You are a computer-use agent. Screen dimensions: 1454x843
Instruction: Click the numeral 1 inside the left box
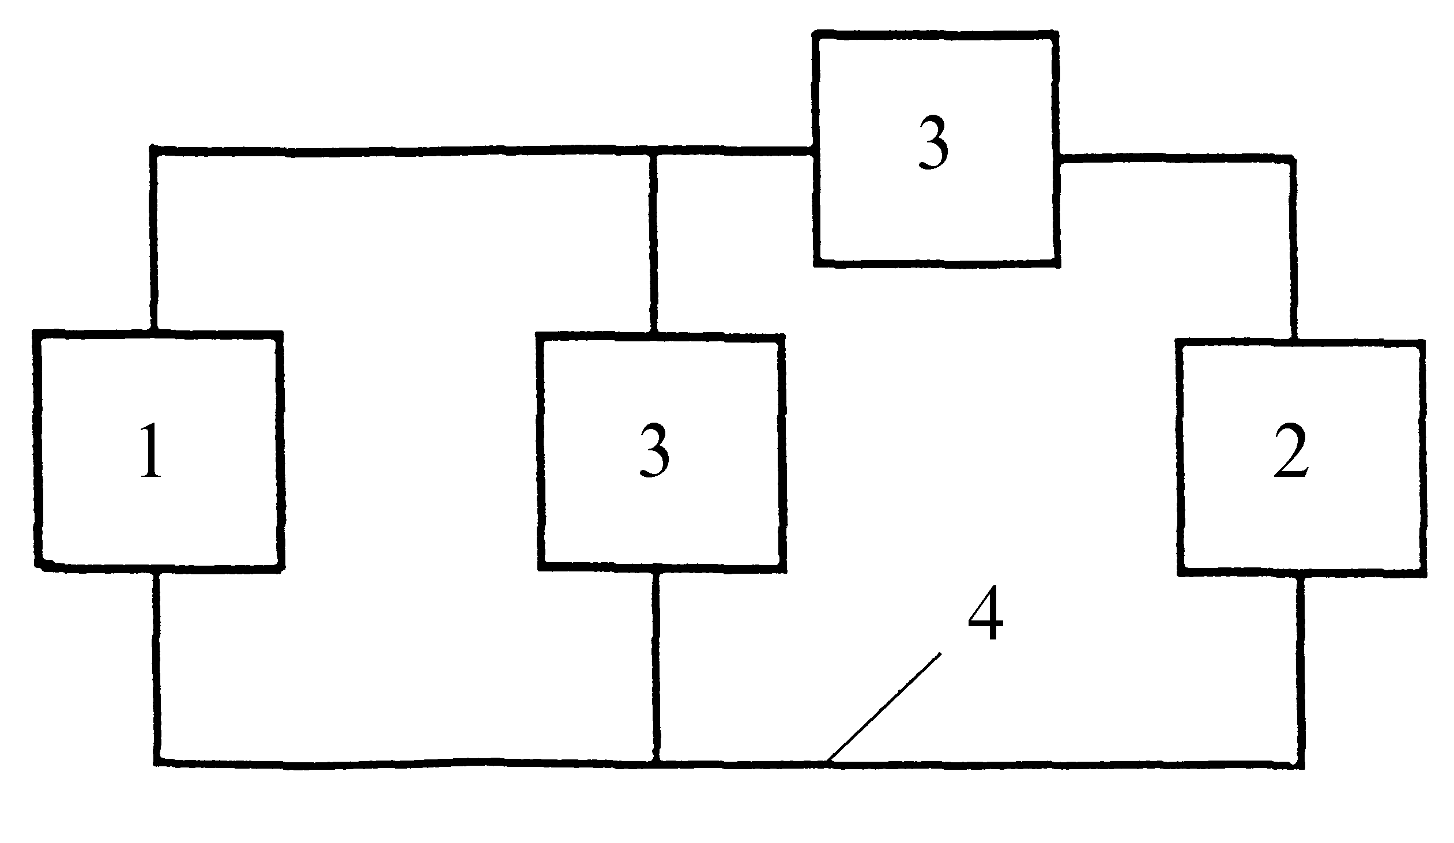[151, 450]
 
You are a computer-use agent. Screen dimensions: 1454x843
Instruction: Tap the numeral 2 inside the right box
[1291, 451]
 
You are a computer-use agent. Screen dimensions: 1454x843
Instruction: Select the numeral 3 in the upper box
[933, 142]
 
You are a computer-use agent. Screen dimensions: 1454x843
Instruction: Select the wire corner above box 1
[154, 150]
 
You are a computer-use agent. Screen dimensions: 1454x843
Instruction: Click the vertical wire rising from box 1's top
[154, 240]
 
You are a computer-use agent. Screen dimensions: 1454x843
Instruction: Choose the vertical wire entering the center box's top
[654, 243]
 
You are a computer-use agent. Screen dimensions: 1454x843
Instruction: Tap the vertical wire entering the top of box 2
[1294, 249]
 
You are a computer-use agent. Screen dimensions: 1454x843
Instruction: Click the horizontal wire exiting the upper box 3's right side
[1175, 158]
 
